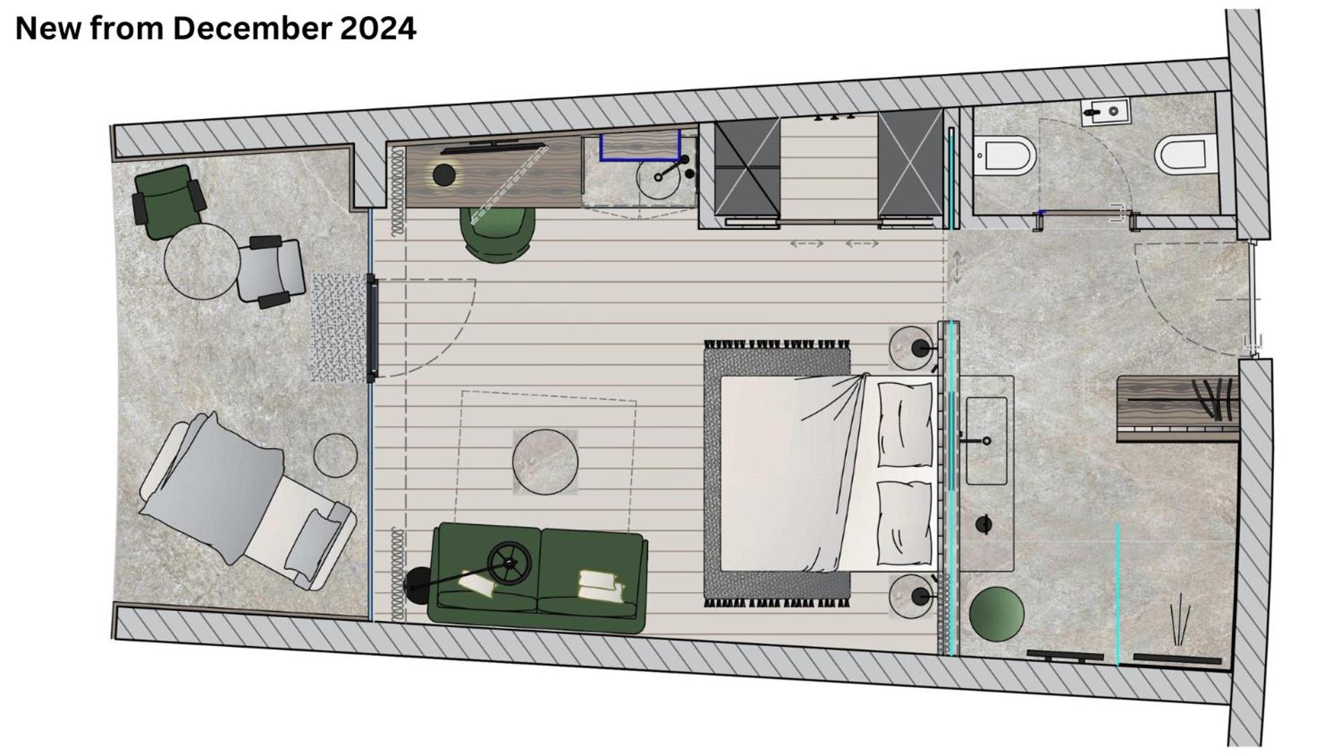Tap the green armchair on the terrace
pyautogui.click(x=168, y=196)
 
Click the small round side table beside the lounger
pyautogui.click(x=335, y=456)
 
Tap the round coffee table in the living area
pyautogui.click(x=545, y=462)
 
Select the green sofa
pyautogui.click(x=538, y=577)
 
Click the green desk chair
pyautogui.click(x=497, y=233)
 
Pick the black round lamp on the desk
pyautogui.click(x=444, y=175)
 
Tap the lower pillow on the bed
pyautogui.click(x=904, y=522)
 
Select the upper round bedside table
pyautogui.click(x=911, y=348)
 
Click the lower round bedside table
pyautogui.click(x=911, y=596)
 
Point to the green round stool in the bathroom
pyautogui.click(x=996, y=614)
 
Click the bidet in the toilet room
pyautogui.click(x=1006, y=157)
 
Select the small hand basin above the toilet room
pyautogui.click(x=1105, y=111)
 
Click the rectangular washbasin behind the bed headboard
pyautogui.click(x=987, y=440)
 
